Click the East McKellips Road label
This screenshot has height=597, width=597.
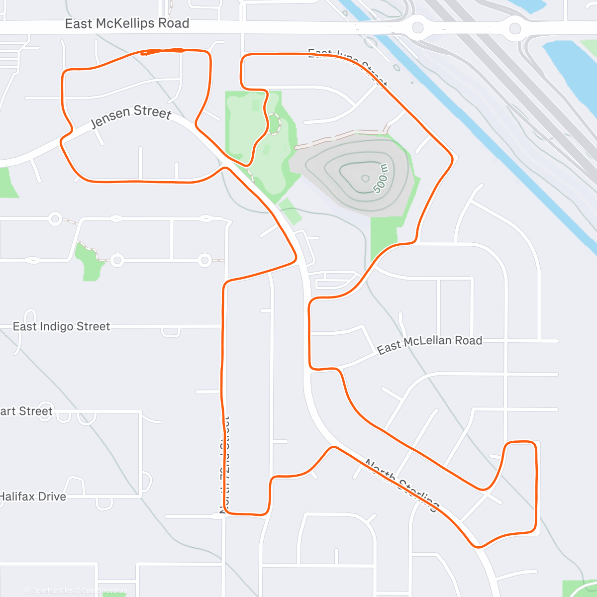(x=127, y=23)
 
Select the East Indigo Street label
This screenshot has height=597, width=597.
(x=61, y=326)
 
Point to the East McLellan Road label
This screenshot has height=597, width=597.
(x=429, y=343)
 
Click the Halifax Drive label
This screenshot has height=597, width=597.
(x=33, y=497)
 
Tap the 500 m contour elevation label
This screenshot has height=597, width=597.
(x=381, y=178)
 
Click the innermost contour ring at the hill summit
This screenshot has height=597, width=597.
(x=365, y=178)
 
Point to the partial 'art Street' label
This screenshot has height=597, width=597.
(x=26, y=411)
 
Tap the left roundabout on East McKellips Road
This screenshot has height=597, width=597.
(x=418, y=27)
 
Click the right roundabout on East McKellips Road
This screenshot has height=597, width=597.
(x=515, y=28)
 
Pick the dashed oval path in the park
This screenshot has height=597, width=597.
(x=273, y=124)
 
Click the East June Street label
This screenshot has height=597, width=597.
(x=347, y=66)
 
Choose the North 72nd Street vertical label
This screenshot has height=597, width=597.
(x=224, y=465)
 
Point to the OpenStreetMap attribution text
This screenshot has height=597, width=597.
(x=104, y=591)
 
